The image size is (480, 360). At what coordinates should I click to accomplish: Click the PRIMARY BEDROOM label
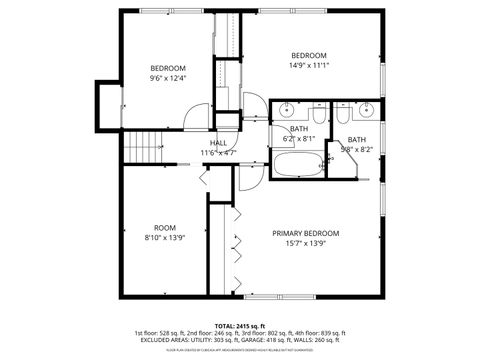307,233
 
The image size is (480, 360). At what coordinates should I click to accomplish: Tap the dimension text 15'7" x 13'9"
307,244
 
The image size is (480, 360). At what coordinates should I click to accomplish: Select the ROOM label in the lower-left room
165,227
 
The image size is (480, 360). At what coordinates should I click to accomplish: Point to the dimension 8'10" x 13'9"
165,238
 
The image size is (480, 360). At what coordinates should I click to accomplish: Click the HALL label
217,143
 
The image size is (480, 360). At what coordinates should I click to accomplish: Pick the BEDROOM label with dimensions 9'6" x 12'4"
168,68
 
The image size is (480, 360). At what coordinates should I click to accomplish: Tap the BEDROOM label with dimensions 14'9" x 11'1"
309,55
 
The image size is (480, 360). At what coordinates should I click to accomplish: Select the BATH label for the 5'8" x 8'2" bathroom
356,139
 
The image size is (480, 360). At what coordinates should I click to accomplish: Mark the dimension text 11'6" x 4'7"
217,153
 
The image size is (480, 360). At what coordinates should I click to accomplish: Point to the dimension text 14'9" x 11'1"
309,66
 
